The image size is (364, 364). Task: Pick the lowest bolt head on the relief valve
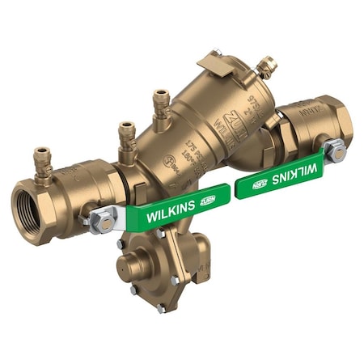click(161, 307)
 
